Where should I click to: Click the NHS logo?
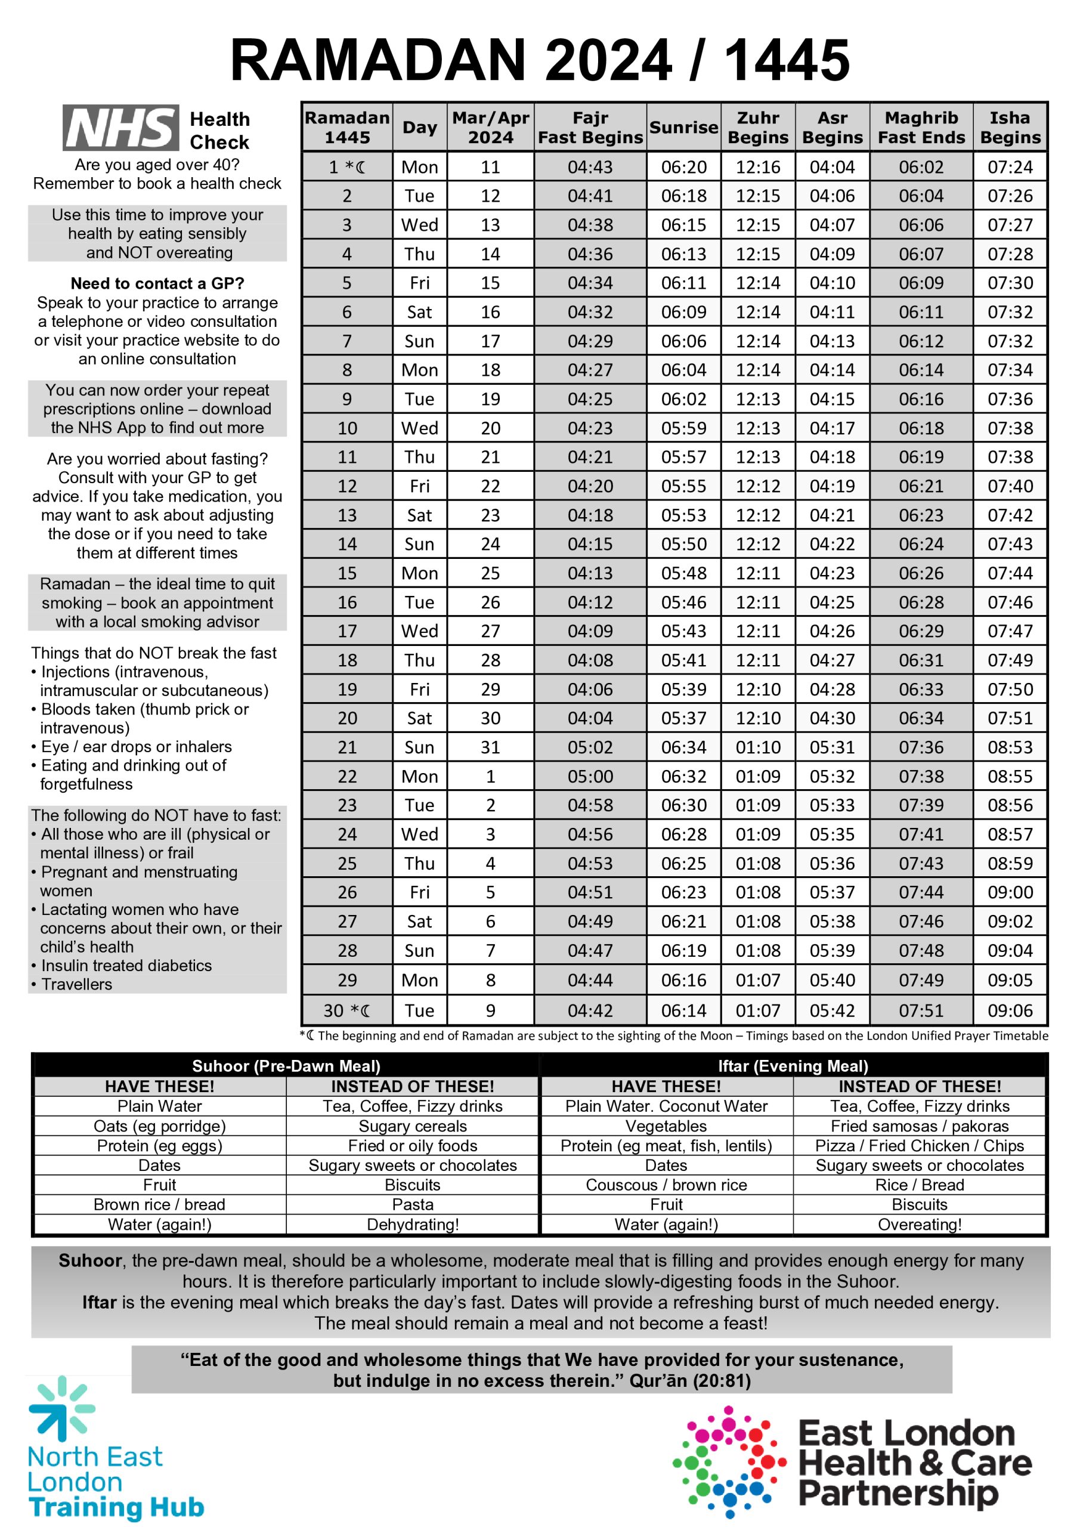(x=120, y=128)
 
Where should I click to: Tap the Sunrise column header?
(x=683, y=127)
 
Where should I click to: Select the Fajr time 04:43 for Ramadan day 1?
(x=590, y=167)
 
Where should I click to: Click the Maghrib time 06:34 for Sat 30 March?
(x=921, y=718)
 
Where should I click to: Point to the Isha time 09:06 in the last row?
(x=1010, y=1010)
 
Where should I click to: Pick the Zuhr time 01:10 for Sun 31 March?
(x=757, y=747)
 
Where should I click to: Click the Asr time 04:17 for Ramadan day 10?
(x=832, y=428)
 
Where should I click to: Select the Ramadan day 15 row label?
(x=346, y=573)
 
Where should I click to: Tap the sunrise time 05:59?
(x=683, y=428)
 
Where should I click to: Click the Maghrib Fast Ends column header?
(x=921, y=127)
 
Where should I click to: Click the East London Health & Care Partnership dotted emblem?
(x=729, y=1461)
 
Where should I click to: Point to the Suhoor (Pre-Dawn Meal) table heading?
(x=286, y=1066)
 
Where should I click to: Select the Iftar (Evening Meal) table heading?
(x=793, y=1066)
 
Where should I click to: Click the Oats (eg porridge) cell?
(x=160, y=1126)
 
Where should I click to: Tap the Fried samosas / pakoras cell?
(x=919, y=1126)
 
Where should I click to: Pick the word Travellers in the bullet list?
(x=76, y=984)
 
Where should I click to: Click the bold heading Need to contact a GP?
(x=157, y=283)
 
